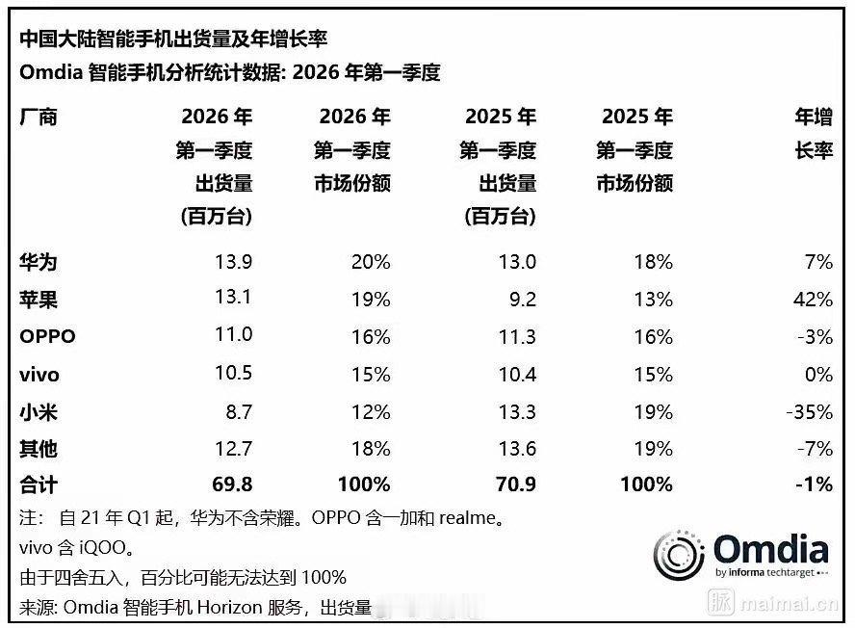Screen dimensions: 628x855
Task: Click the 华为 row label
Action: (39, 262)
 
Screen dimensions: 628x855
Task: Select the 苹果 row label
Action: (39, 300)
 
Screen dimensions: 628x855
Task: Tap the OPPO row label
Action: (46, 337)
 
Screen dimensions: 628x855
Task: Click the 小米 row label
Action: (39, 412)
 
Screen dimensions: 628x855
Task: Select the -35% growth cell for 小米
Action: (807, 412)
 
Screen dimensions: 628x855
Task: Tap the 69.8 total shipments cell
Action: (231, 485)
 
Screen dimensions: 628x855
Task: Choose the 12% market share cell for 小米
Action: (371, 412)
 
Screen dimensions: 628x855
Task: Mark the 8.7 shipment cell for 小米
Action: (238, 412)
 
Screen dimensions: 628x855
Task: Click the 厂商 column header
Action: (39, 118)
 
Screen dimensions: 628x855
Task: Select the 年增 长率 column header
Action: (812, 135)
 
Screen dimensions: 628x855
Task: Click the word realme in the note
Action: (470, 518)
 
